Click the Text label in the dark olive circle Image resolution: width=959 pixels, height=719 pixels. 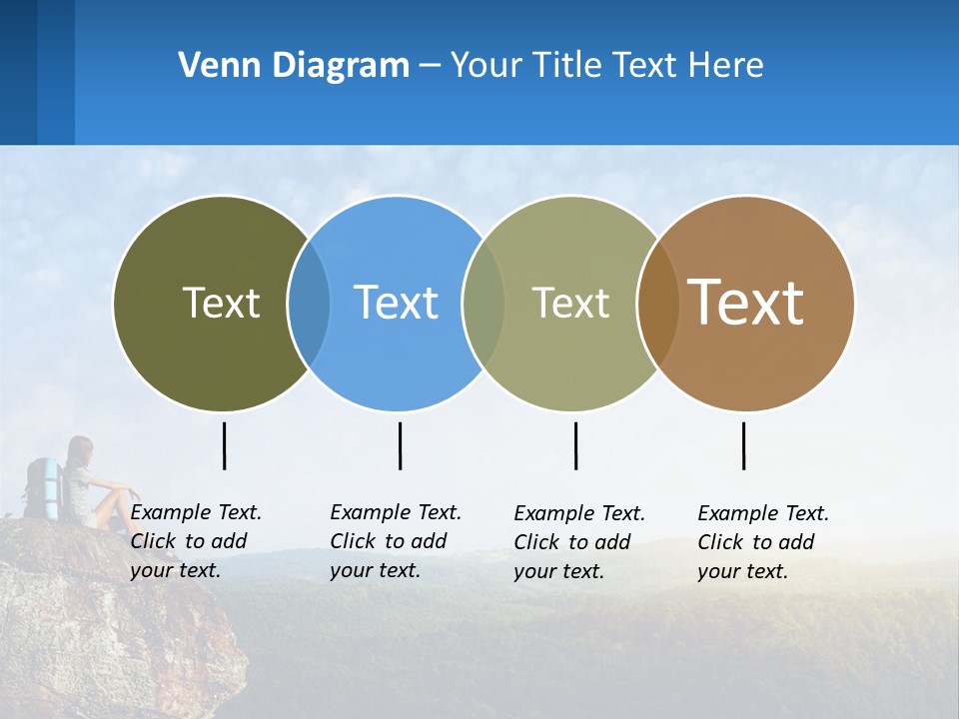pyautogui.click(x=221, y=303)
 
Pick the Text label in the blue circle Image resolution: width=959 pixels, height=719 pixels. pyautogui.click(x=396, y=303)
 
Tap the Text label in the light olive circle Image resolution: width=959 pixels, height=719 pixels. pyautogui.click(x=570, y=303)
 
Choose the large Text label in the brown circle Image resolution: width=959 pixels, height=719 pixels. pyautogui.click(x=746, y=303)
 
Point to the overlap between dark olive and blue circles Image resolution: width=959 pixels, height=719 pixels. pyautogui.click(x=309, y=303)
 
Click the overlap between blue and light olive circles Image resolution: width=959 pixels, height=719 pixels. pyautogui.click(x=483, y=303)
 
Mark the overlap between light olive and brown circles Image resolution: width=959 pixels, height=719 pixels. pyautogui.click(x=658, y=303)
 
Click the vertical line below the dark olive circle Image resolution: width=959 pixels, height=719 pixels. pyautogui.click(x=225, y=445)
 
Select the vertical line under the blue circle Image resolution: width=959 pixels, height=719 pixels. pyautogui.click(x=400, y=445)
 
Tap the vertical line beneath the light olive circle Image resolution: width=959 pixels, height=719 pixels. pyautogui.click(x=575, y=445)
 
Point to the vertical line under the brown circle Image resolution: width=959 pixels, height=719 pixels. pyautogui.click(x=743, y=445)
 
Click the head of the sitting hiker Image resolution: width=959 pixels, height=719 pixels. pyautogui.click(x=80, y=448)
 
